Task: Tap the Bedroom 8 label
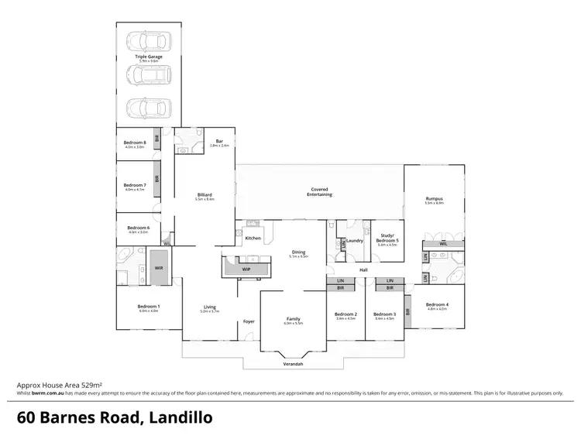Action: point(135,142)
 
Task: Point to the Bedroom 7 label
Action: point(135,185)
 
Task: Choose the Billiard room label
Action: point(205,194)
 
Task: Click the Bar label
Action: point(219,142)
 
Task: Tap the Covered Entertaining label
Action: point(320,191)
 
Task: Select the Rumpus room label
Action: point(434,199)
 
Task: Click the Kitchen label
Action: point(253,238)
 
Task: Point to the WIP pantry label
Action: point(246,269)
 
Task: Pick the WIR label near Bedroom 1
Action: point(159,267)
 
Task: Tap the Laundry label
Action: point(356,241)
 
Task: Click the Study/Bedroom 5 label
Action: point(387,238)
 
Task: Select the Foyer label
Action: point(249,321)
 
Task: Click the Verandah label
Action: point(291,363)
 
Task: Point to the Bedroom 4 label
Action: point(436,305)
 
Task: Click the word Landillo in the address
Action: point(176,417)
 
